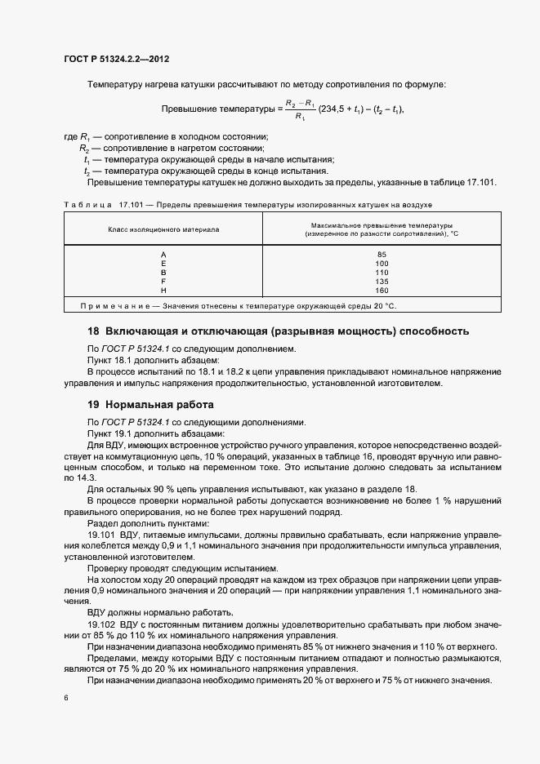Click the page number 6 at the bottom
pyautogui.click(x=66, y=698)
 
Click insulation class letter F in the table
pyautogui.click(x=163, y=282)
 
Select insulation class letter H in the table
pyautogui.click(x=163, y=291)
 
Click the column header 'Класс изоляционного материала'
pyautogui.click(x=163, y=229)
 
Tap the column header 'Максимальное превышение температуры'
pyautogui.click(x=382, y=224)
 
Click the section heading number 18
pyautogui.click(x=93, y=331)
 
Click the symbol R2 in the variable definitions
pyautogui.click(x=84, y=149)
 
